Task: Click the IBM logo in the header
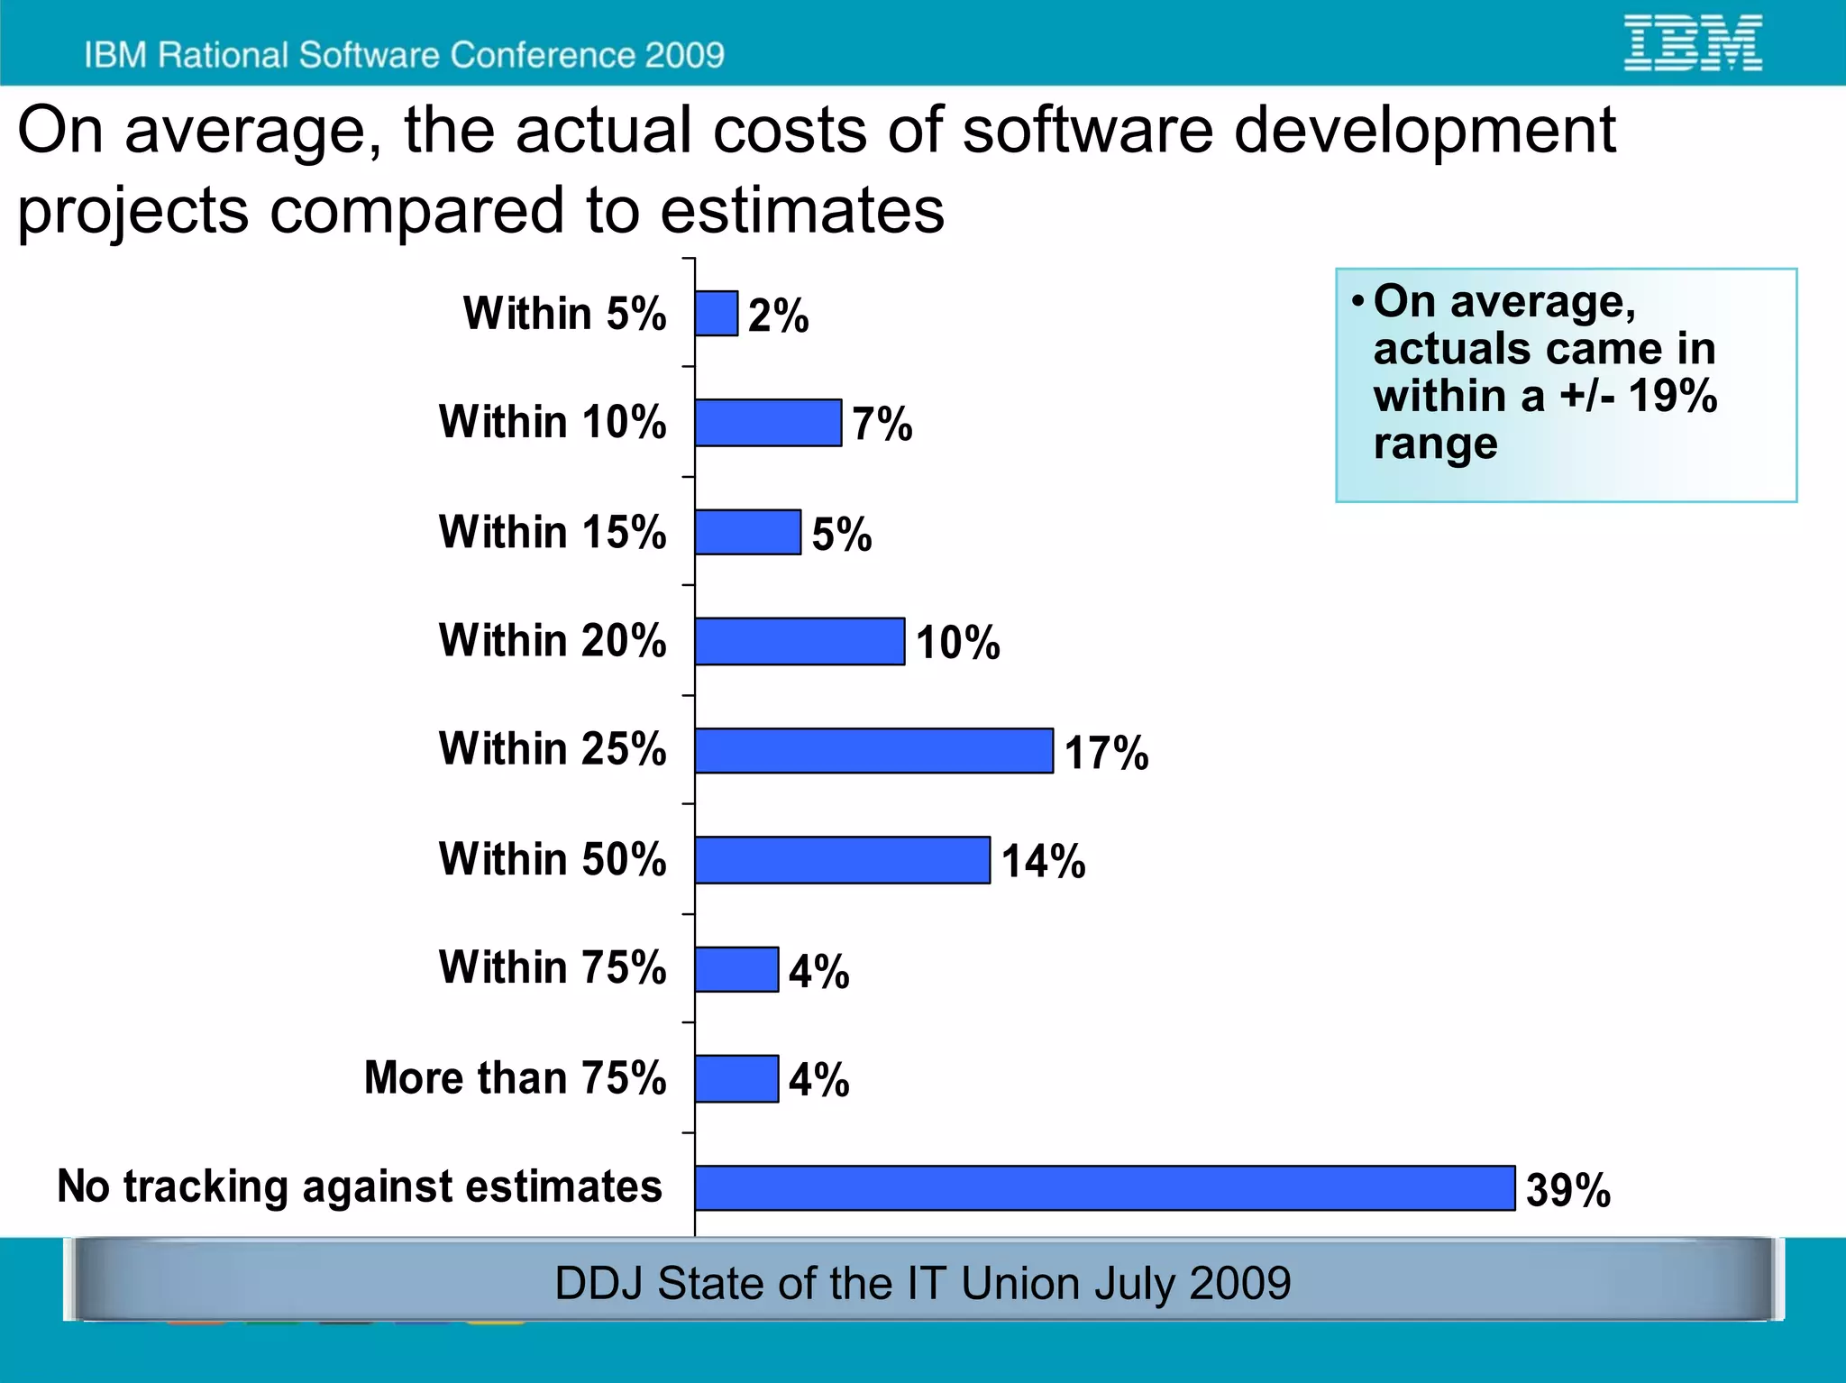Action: [1692, 42]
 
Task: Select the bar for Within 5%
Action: [717, 314]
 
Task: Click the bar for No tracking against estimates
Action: [1104, 1187]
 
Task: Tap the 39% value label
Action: [1567, 1189]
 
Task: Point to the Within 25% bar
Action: [873, 751]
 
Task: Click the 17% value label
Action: [1106, 753]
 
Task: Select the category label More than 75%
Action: [515, 1077]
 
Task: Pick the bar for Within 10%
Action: [768, 423]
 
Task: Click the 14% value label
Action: [1043, 861]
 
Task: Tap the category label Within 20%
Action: [553, 641]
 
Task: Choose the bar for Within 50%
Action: [842, 860]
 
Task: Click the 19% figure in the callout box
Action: [1672, 396]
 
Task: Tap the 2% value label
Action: [778, 316]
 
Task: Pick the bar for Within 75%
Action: [736, 969]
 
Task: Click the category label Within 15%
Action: [553, 532]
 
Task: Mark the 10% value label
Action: [957, 643]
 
